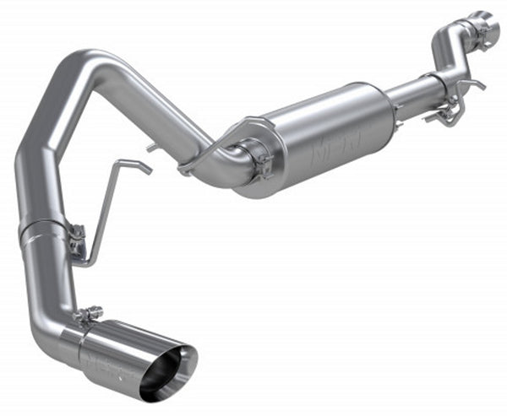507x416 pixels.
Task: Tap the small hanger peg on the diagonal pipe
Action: coord(152,147)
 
